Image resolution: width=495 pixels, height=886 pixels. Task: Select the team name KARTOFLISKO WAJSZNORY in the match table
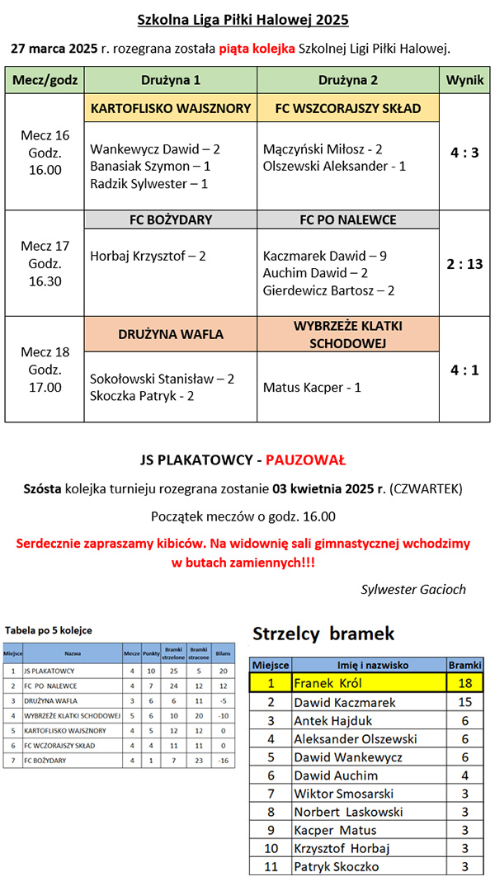point(171,108)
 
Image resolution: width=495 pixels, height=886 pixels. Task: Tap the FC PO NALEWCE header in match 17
point(347,219)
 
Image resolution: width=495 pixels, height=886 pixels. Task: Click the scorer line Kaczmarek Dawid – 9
point(324,256)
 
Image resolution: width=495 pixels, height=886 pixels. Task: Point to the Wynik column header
point(464,80)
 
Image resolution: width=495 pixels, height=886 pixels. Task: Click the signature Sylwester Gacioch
point(413,589)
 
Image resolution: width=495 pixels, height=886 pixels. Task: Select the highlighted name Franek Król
point(328,683)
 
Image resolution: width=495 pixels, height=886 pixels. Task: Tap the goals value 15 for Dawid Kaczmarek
point(464,702)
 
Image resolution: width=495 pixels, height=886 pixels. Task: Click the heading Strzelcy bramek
point(323,634)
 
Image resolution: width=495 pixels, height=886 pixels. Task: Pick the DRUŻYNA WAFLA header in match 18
point(171,334)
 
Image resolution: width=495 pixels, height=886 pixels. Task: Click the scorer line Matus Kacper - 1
point(312,387)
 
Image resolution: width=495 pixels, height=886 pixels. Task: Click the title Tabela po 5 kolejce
point(49,630)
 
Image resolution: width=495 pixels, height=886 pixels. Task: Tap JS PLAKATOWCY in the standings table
point(50,671)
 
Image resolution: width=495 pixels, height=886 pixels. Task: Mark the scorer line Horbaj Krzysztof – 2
point(148,256)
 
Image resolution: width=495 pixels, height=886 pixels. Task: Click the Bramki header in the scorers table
point(464,665)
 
